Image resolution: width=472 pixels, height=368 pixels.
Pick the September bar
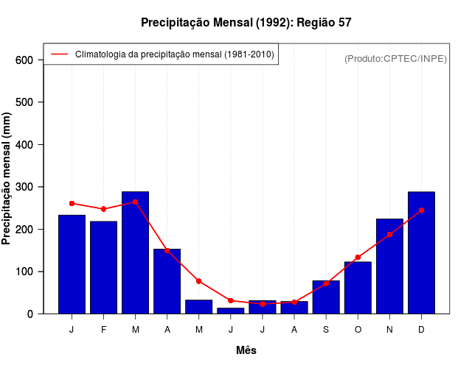(326, 297)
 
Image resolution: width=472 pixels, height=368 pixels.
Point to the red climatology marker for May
(199, 281)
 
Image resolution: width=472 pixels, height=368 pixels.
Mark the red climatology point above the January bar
(72, 203)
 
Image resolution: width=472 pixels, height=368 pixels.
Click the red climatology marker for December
(421, 210)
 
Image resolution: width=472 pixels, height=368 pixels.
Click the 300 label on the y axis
(26, 187)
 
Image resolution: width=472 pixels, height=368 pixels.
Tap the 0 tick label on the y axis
(30, 314)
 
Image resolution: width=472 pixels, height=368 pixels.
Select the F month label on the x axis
(103, 330)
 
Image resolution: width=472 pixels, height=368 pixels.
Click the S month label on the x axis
(326, 330)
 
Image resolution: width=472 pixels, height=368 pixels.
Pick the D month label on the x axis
(421, 330)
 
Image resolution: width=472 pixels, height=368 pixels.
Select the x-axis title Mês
(246, 350)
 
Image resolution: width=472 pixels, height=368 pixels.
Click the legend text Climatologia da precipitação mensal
(174, 54)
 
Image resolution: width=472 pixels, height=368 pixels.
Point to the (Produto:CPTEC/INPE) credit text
(395, 59)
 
